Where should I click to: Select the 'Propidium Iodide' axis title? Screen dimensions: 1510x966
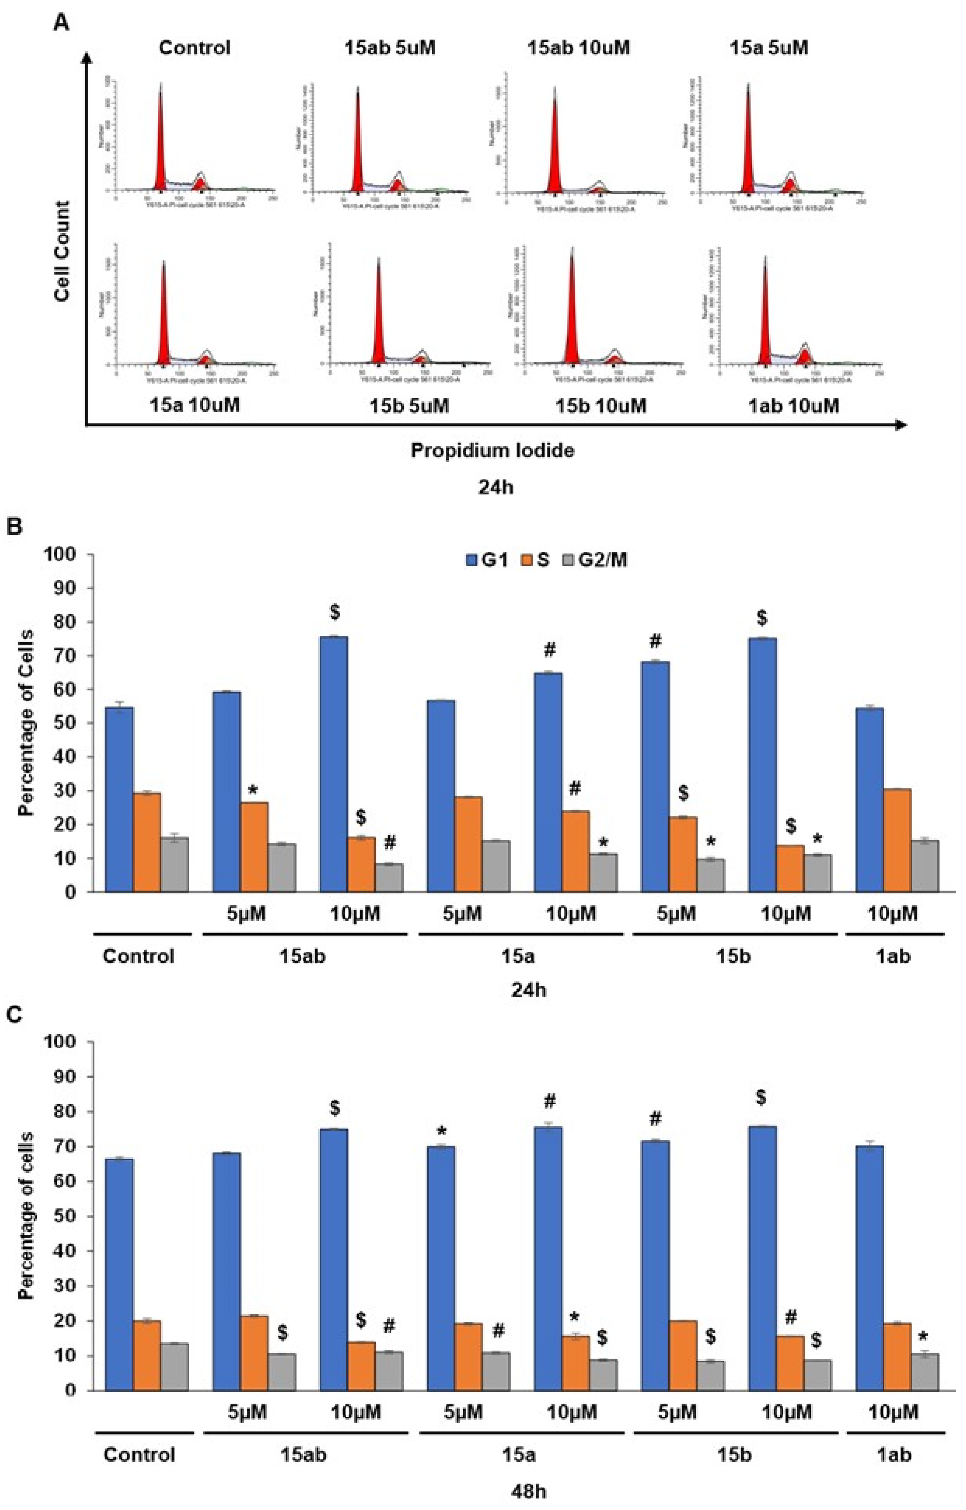click(492, 450)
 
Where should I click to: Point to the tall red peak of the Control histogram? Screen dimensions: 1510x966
click(160, 138)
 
